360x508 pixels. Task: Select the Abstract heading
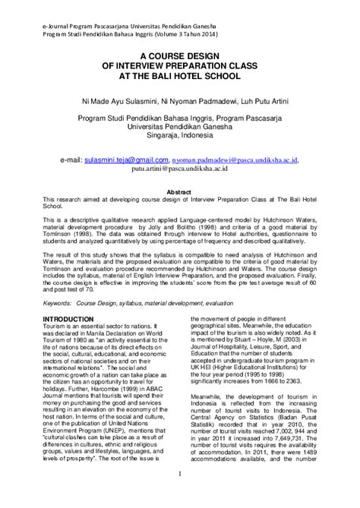[x=179, y=193]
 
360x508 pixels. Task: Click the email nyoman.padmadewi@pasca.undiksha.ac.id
[x=235, y=161]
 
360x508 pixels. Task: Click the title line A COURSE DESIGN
[x=179, y=57]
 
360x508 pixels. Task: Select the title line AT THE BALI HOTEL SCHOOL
[x=179, y=77]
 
